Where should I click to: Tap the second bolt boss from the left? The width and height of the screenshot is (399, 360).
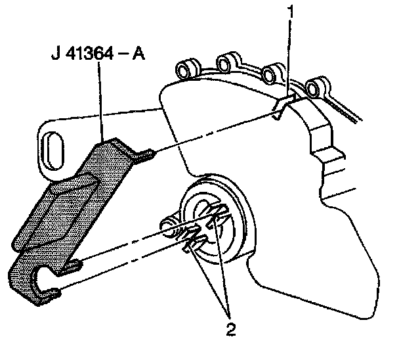pos(225,64)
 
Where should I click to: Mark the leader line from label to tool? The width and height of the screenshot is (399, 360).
pos(100,99)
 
